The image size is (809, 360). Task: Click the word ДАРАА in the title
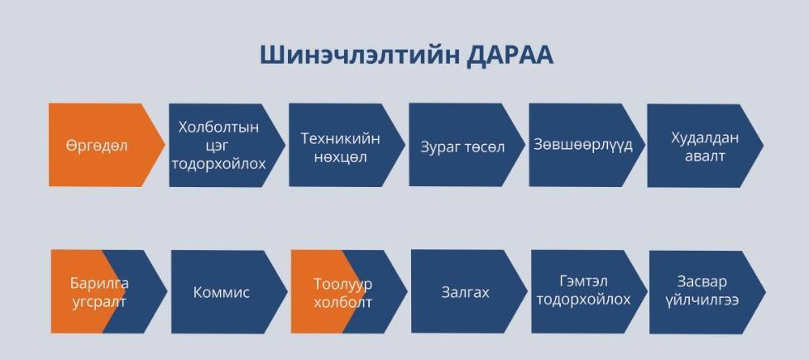(x=510, y=55)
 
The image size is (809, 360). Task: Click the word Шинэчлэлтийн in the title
(x=358, y=55)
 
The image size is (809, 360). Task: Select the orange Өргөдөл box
(x=107, y=145)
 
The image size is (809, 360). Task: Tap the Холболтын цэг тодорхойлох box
(x=227, y=145)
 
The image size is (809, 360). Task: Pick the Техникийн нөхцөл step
(x=347, y=145)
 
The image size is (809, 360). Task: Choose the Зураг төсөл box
(x=467, y=145)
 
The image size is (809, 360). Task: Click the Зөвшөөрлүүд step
(x=587, y=145)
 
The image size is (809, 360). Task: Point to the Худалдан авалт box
(x=706, y=146)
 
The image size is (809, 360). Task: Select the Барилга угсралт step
(x=109, y=292)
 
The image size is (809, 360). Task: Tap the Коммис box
(x=229, y=292)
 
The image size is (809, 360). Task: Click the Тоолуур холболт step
(x=349, y=292)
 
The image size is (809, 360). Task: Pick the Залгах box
(x=469, y=292)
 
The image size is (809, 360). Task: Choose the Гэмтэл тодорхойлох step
(x=589, y=292)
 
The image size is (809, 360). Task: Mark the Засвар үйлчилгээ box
(x=707, y=292)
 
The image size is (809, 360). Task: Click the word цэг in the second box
(x=218, y=146)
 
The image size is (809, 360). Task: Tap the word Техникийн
(x=341, y=138)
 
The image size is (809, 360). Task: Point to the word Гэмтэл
(x=583, y=281)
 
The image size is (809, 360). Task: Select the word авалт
(x=705, y=156)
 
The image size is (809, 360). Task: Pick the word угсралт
(x=99, y=302)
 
